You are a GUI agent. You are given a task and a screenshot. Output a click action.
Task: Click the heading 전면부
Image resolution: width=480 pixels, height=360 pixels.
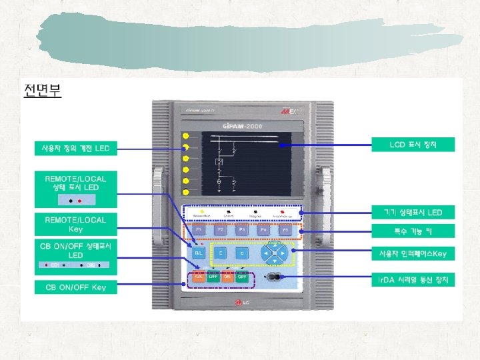pos(42,90)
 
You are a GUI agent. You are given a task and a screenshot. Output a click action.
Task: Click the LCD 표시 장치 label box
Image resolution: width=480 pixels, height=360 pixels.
pos(413,144)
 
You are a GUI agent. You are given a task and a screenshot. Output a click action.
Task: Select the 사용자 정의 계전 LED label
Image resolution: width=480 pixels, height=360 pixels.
pos(76,148)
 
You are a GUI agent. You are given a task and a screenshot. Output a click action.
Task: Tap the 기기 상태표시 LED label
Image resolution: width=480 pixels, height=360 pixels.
pos(413,213)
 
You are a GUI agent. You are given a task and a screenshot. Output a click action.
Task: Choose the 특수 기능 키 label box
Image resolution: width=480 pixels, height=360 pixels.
pos(413,231)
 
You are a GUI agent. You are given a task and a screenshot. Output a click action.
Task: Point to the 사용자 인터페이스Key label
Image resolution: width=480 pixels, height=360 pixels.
pos(413,253)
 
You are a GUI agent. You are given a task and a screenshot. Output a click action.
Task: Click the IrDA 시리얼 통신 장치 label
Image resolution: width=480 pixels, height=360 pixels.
pos(413,279)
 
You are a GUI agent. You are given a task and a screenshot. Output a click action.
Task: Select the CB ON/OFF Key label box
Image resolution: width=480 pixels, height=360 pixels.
pos(76,287)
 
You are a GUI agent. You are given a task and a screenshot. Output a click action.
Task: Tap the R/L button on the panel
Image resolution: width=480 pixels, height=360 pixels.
pos(198,253)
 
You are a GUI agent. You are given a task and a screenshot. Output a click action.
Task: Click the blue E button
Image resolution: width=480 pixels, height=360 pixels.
pos(221,253)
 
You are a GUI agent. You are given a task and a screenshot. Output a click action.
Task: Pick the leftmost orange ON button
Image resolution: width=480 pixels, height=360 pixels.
pos(199,277)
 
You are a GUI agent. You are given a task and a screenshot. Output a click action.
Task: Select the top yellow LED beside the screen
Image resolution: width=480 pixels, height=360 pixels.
pos(185,137)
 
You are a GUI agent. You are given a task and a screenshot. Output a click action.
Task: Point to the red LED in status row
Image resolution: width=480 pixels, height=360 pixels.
pos(284,211)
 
